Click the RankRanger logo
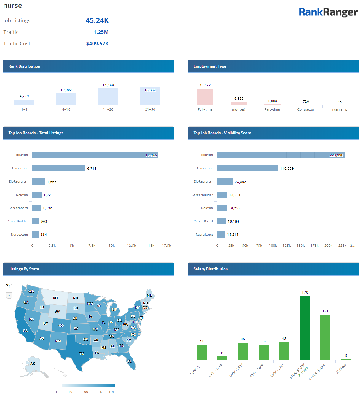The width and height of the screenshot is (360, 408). click(328, 12)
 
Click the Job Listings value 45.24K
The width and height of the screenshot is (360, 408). click(97, 20)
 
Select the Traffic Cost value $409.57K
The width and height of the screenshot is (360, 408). click(97, 44)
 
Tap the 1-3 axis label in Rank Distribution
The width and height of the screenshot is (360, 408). click(24, 109)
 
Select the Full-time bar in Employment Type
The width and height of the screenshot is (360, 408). click(205, 97)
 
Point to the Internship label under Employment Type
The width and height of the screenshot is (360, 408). click(339, 109)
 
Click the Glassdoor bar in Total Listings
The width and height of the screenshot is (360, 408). click(59, 168)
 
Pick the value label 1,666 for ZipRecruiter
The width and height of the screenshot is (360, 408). click(52, 182)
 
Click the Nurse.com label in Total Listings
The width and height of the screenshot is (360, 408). click(19, 235)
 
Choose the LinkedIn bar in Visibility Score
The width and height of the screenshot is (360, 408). click(281, 155)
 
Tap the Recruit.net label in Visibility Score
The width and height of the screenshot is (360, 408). click(204, 235)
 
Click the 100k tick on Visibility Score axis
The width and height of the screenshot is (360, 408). click(273, 246)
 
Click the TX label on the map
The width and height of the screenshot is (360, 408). click(82, 354)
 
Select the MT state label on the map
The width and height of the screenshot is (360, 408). click(56, 298)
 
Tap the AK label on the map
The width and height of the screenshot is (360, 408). click(33, 364)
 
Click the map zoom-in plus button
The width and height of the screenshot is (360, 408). click(9, 287)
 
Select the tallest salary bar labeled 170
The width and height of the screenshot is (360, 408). click(305, 328)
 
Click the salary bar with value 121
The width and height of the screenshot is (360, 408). click(325, 337)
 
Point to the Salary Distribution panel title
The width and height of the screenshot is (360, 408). click(211, 269)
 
